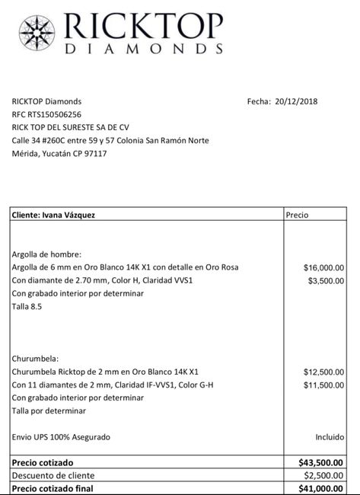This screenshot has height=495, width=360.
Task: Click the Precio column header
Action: click(x=298, y=216)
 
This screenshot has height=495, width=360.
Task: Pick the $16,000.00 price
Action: click(x=323, y=268)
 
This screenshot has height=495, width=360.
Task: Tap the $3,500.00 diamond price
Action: click(x=326, y=281)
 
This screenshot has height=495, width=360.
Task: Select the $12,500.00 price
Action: click(x=323, y=372)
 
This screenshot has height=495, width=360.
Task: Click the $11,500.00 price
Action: click(x=323, y=385)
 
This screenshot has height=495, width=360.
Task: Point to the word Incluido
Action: click(x=329, y=437)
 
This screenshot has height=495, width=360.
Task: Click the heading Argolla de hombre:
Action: click(x=46, y=254)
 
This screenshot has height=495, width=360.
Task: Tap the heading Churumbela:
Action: click(x=36, y=358)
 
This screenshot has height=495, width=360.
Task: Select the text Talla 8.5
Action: click(x=27, y=307)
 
